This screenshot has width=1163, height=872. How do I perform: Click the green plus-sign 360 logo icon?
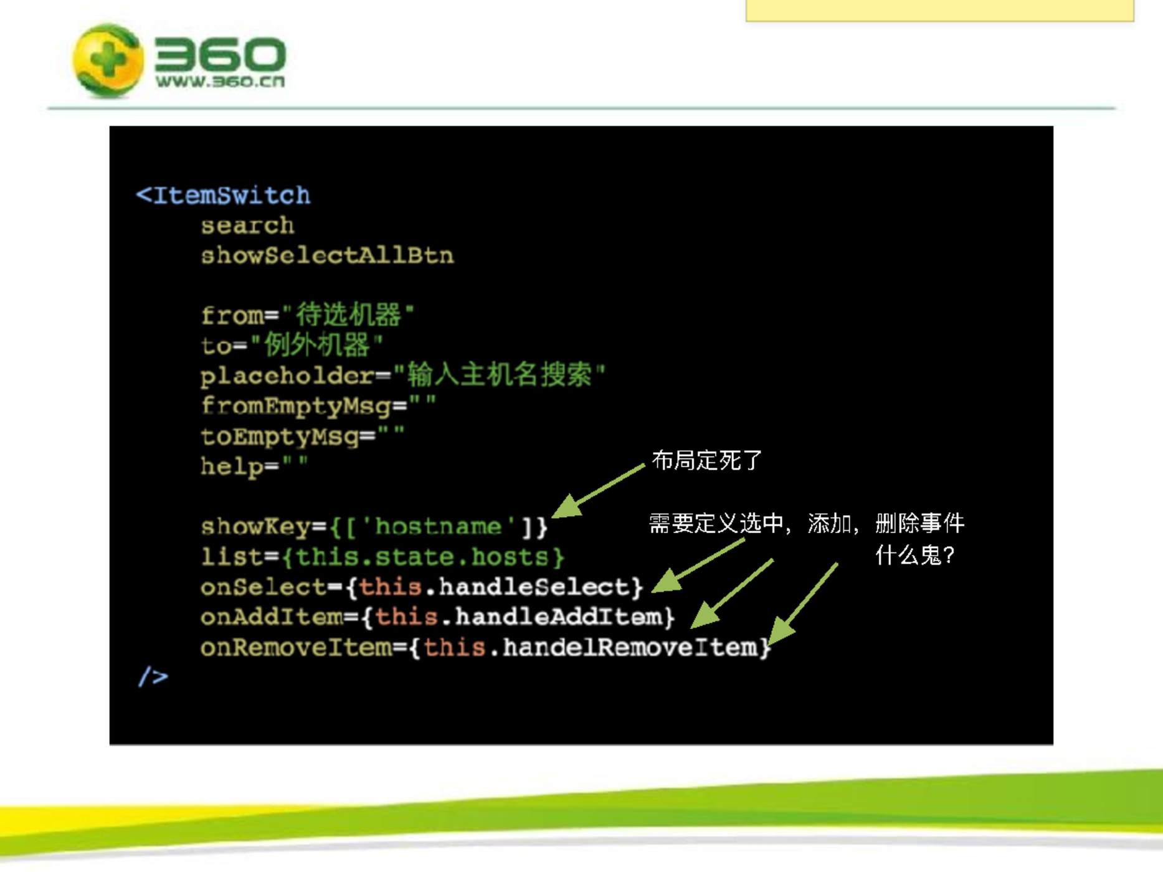(108, 60)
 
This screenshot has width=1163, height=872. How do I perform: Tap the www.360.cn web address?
(220, 82)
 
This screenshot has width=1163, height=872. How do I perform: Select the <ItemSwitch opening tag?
(223, 196)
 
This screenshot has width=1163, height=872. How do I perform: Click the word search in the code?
(247, 225)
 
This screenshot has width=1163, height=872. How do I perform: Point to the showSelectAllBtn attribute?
(327, 255)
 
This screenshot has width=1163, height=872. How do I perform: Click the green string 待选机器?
(348, 315)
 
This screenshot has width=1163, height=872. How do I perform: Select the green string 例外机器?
(317, 344)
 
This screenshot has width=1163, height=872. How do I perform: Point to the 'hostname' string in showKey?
(439, 527)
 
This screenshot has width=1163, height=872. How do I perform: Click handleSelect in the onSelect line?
(534, 587)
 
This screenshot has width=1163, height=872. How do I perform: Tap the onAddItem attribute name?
(272, 617)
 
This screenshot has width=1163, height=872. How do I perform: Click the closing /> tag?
(153, 677)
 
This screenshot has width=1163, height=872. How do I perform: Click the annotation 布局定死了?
(706, 461)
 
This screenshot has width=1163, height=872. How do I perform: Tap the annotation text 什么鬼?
(914, 554)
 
